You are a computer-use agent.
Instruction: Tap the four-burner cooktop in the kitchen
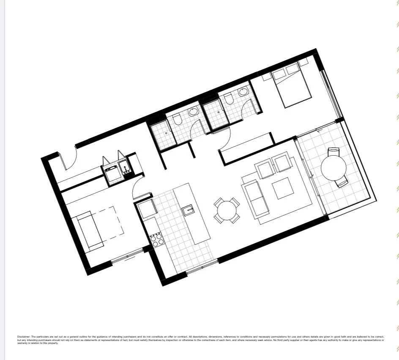157,240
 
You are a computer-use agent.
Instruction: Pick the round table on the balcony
334,168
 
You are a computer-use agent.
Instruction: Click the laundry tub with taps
126,168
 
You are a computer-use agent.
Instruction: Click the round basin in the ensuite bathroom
243,91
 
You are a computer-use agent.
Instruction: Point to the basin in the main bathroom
193,112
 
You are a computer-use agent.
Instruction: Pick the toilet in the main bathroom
178,120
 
